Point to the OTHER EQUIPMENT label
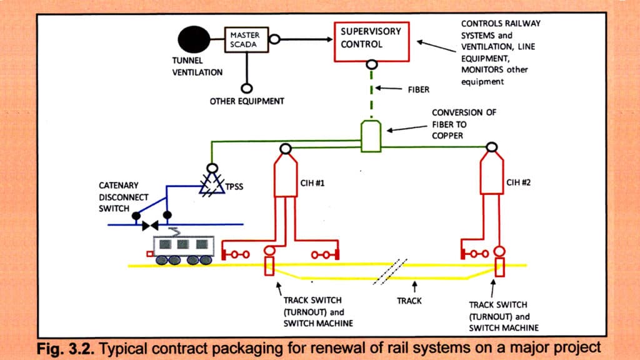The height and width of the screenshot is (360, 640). (x=247, y=101)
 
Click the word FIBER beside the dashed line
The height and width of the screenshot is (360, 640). (x=419, y=89)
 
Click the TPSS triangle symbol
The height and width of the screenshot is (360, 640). (x=212, y=183)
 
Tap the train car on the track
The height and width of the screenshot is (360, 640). (x=182, y=249)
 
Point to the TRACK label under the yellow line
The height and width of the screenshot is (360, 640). (x=409, y=301)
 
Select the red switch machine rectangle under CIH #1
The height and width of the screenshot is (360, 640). (x=269, y=267)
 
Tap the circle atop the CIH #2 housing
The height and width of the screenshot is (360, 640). (x=492, y=148)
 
